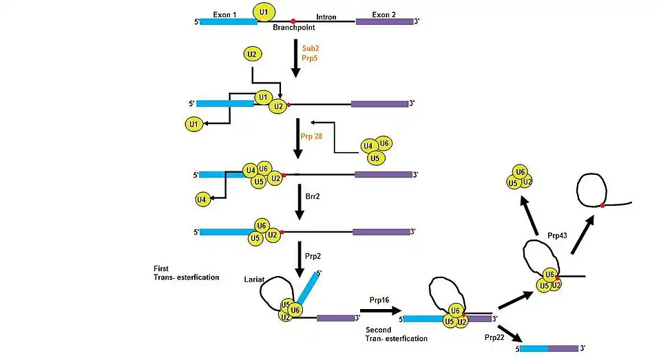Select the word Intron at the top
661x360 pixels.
(326, 17)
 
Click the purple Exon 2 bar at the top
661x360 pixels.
(384, 22)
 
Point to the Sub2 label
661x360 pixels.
(311, 49)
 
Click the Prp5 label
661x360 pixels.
(311, 61)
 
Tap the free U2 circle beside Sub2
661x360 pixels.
(253, 54)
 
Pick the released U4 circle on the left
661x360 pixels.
(202, 200)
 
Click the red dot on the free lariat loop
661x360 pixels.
(602, 205)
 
